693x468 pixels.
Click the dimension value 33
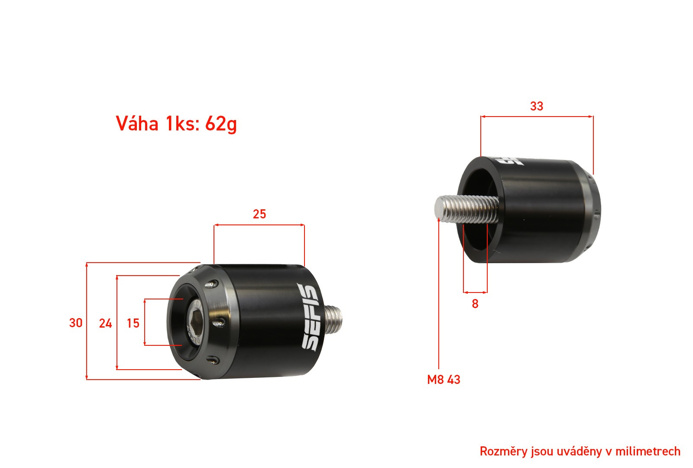537,106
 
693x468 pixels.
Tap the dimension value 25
259,214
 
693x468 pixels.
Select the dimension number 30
76,323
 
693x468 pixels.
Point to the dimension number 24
106,323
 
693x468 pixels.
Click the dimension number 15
133,323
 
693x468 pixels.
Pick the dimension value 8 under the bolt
475,304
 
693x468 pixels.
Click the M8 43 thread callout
444,380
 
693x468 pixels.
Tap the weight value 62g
221,124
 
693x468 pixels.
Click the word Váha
137,123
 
